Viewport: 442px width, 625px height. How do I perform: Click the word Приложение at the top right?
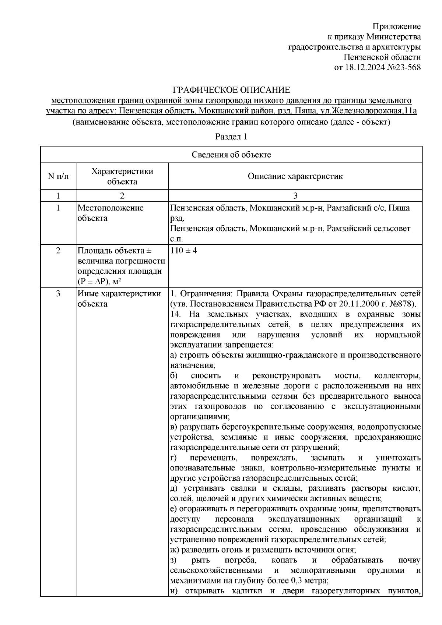(x=396, y=27)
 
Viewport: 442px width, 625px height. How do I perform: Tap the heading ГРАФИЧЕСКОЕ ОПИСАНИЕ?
(x=232, y=90)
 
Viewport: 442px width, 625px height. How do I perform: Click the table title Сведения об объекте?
(x=231, y=155)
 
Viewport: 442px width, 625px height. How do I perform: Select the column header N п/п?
(x=58, y=176)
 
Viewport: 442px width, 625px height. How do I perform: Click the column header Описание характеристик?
(x=295, y=176)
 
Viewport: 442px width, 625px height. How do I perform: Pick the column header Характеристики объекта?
(x=122, y=176)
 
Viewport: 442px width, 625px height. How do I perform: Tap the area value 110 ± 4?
(x=184, y=251)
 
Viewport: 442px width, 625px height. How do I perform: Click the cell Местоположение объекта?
(x=110, y=213)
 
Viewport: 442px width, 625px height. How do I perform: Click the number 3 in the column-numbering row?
(x=295, y=195)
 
